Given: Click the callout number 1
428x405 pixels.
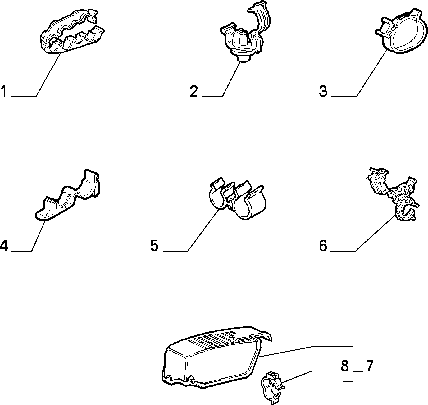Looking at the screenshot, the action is pyautogui.click(x=4, y=91).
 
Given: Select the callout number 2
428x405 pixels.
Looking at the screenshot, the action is pyautogui.click(x=194, y=91).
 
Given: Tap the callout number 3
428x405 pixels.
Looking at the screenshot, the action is pyautogui.click(x=323, y=91).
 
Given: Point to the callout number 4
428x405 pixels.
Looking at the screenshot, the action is pyautogui.click(x=4, y=246).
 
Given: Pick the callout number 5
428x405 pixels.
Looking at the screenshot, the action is pyautogui.click(x=154, y=246).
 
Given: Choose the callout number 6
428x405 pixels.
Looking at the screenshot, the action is pyautogui.click(x=323, y=246).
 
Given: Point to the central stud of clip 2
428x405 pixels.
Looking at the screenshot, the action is pyautogui.click(x=243, y=39).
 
